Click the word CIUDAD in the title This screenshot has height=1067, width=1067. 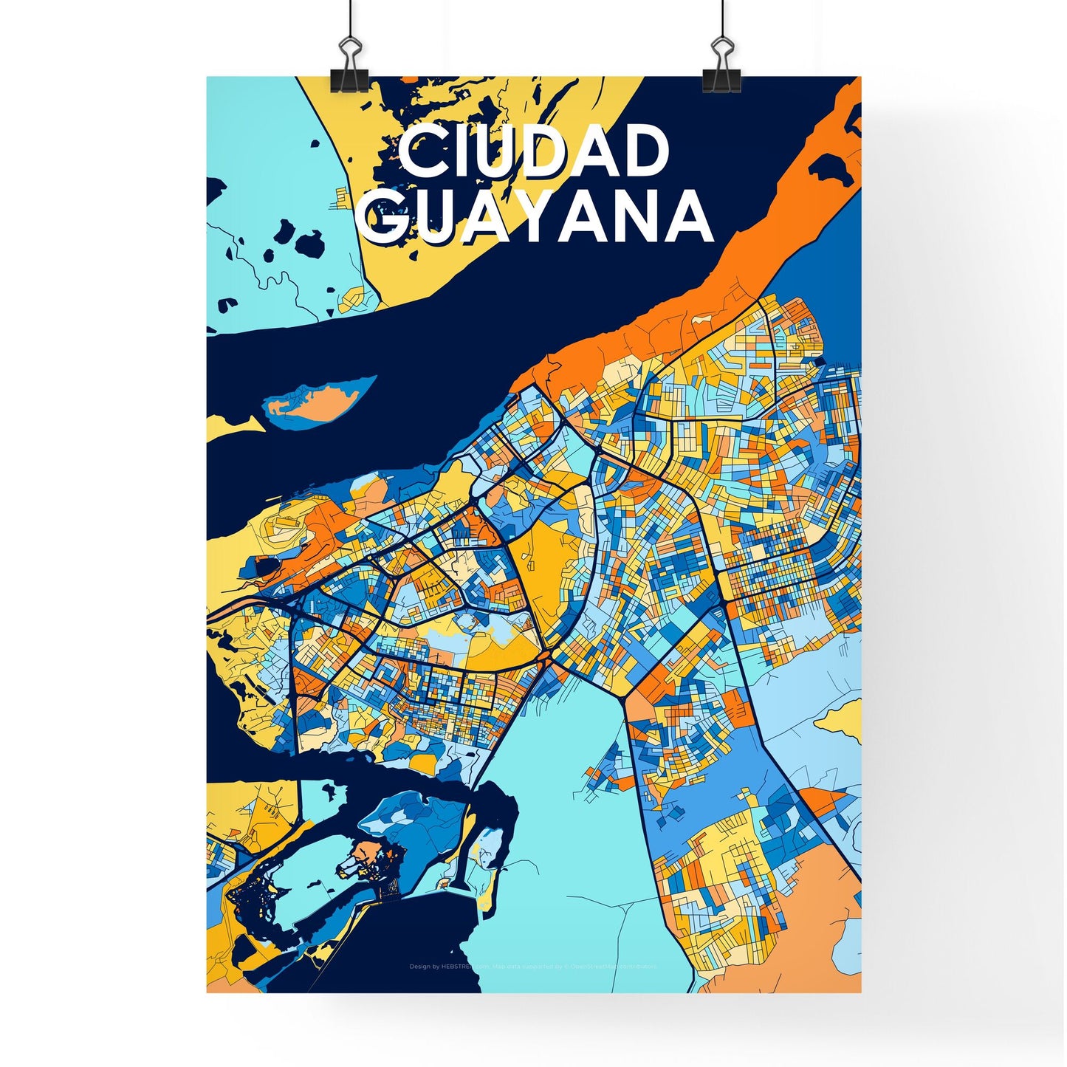(533, 152)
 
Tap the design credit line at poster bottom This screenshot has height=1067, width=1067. (532, 966)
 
